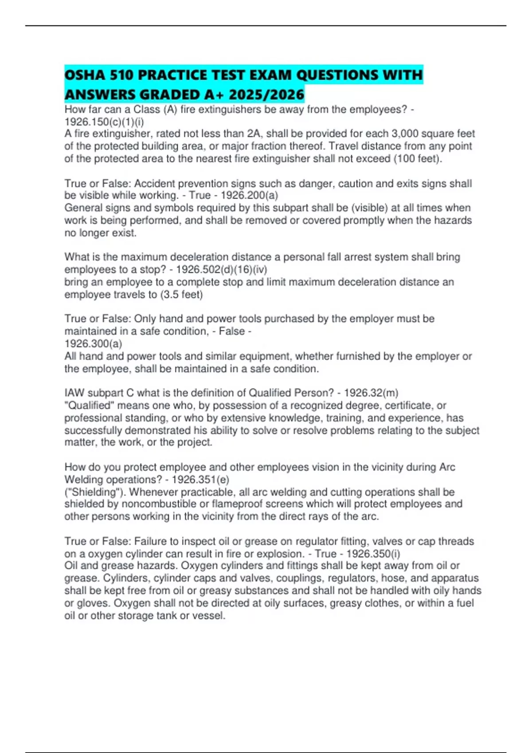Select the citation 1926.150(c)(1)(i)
104,122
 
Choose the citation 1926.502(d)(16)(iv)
222,269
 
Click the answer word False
232,331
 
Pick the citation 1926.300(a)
93,344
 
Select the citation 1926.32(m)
371,393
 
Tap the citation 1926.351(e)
200,479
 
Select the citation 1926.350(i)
373,554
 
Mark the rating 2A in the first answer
255,134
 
